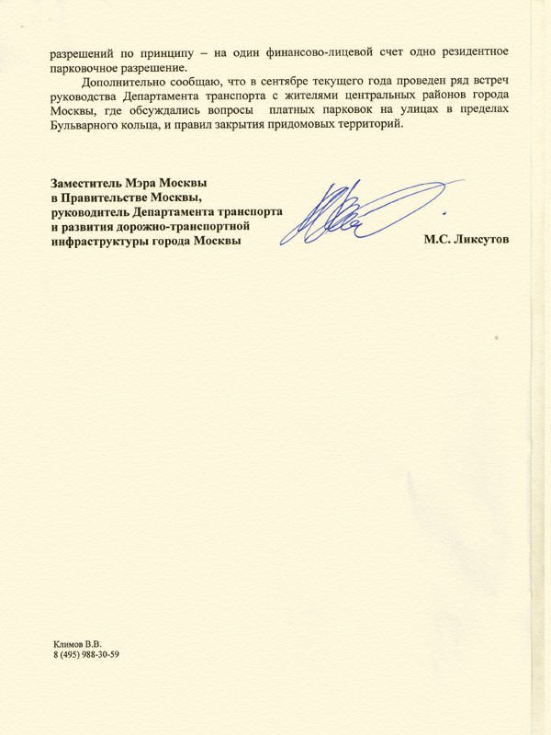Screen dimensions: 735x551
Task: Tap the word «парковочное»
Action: (x=86, y=66)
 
